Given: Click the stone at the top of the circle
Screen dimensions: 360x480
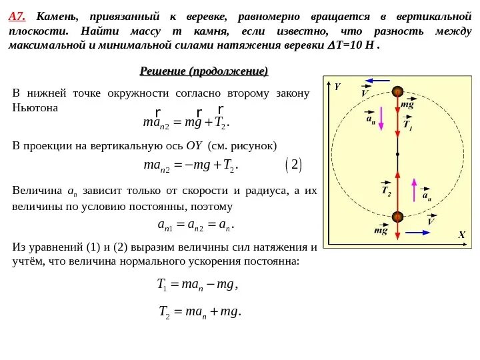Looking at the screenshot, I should pyautogui.click(x=397, y=92).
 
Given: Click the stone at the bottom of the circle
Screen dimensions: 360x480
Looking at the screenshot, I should pyautogui.click(x=397, y=216).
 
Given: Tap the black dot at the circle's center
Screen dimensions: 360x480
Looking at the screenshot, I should pyautogui.click(x=397, y=154).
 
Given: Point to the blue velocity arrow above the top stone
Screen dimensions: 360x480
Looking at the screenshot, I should pyautogui.click(x=376, y=81).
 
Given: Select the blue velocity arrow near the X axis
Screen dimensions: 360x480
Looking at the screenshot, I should pyautogui.click(x=418, y=233).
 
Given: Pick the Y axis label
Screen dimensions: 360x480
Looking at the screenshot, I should pyautogui.click(x=337, y=87).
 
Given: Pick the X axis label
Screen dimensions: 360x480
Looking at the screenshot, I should pyautogui.click(x=460, y=235).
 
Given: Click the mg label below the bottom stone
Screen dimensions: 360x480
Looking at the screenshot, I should pyautogui.click(x=381, y=231).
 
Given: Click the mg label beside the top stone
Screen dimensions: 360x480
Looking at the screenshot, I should pyautogui.click(x=408, y=105).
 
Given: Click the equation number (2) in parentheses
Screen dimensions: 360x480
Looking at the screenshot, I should pyautogui.click(x=293, y=164).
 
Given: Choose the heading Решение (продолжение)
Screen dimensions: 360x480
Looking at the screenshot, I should pyautogui.click(x=204, y=71).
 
